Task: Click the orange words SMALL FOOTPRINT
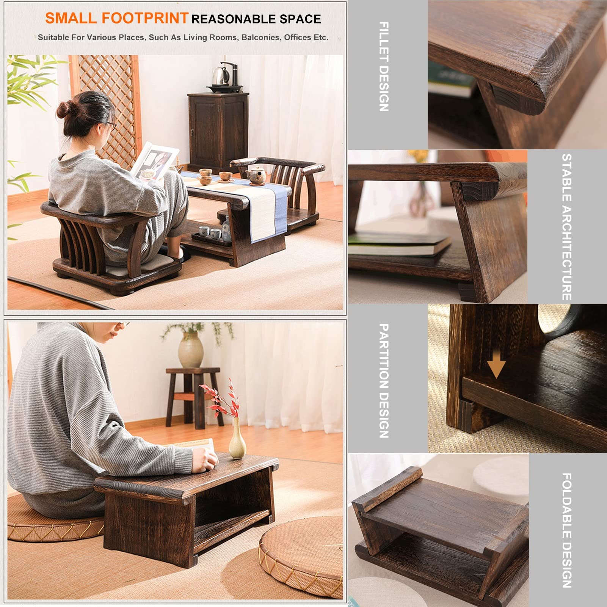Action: pos(116,18)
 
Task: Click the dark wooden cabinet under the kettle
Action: pos(217,129)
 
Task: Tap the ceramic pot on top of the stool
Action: pos(191,348)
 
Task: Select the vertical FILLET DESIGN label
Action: pos(384,67)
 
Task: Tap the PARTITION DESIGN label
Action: pos(384,381)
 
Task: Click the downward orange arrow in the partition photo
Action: pos(496,367)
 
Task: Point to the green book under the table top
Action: pos(398,243)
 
